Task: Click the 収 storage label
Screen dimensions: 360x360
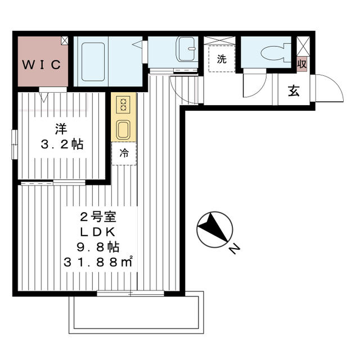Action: (302, 64)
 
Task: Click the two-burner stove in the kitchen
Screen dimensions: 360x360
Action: (123, 105)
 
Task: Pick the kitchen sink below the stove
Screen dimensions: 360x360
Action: (123, 129)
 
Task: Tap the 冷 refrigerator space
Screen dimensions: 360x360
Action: (123, 153)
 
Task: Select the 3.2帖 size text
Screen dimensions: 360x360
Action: (61, 145)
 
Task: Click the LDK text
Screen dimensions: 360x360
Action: (98, 232)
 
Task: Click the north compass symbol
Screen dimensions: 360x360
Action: (214, 229)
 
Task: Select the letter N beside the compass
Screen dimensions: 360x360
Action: (235, 248)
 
